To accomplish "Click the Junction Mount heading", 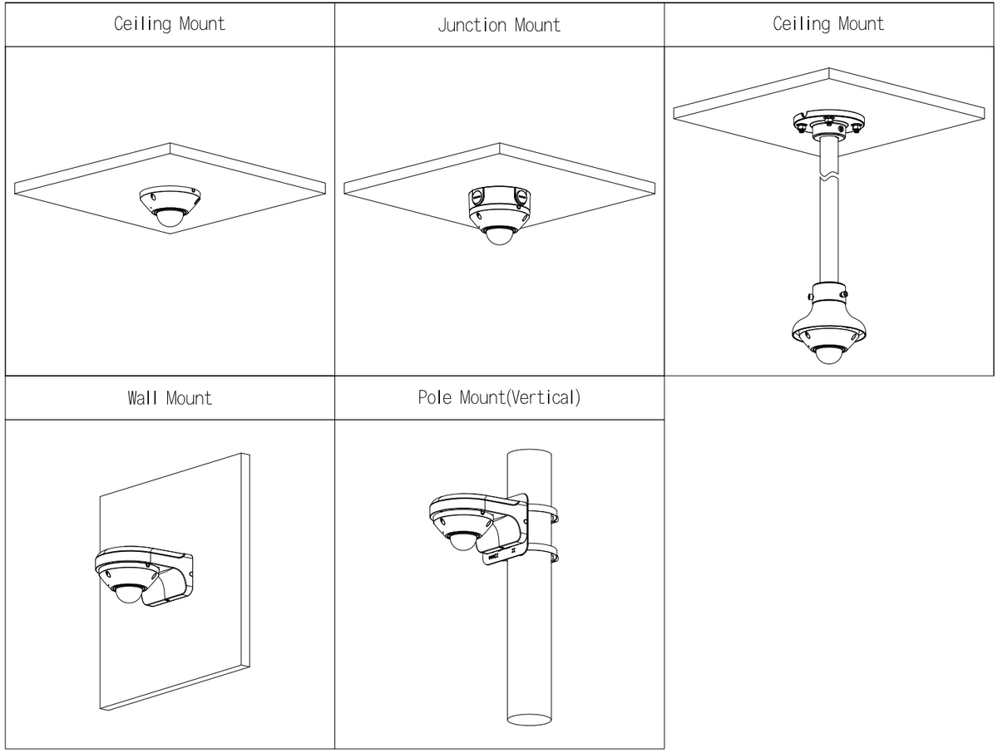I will coord(499,25).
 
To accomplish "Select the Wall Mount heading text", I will coord(170,397).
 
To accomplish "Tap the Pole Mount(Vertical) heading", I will coord(499,397).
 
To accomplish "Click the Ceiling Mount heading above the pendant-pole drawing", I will coord(828,23).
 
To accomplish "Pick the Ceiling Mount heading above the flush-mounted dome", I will coord(170,23).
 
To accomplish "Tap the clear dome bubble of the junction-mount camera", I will coord(499,234).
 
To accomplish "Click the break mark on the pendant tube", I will coord(828,177).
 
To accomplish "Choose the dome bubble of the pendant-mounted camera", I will coord(828,352).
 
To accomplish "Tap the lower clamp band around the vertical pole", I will coord(542,553).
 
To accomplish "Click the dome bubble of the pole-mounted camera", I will coord(462,541).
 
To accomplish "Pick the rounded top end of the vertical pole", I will coord(531,455).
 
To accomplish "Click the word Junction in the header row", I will coord(470,25).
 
